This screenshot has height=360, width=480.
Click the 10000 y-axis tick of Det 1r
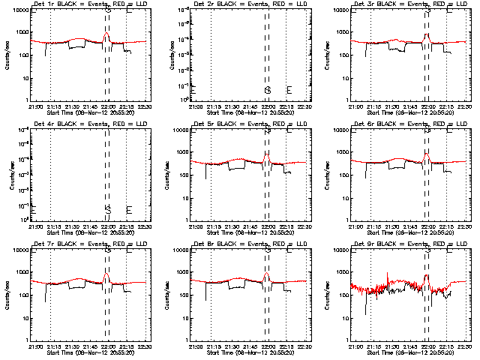point(19,11)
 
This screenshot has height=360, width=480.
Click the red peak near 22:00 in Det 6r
point(427,154)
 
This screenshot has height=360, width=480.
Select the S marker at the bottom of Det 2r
point(267,90)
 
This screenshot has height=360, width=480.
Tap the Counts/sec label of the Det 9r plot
point(330,294)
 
